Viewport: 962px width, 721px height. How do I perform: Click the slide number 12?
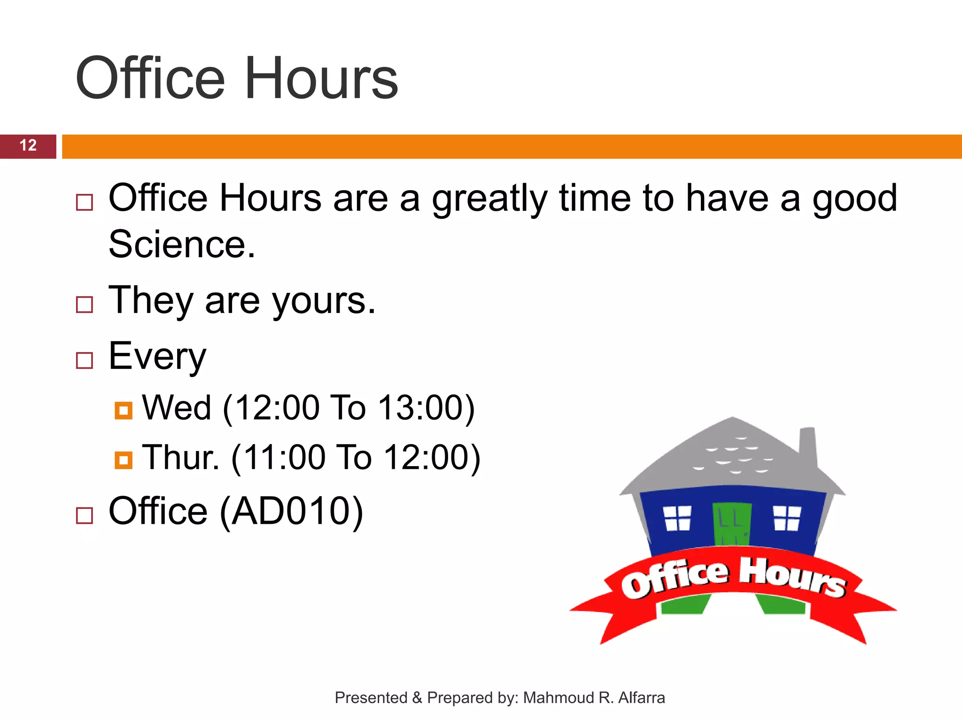[x=28, y=146]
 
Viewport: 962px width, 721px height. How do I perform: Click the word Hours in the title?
[x=321, y=78]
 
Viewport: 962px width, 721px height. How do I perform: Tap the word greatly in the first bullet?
[x=489, y=199]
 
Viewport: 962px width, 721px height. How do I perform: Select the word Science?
[x=181, y=245]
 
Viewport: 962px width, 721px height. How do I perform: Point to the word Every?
[x=157, y=357]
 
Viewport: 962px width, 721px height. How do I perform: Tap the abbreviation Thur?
[x=180, y=457]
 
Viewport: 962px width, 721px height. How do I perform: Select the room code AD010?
[x=291, y=511]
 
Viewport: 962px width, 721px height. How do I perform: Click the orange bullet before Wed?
[x=124, y=410]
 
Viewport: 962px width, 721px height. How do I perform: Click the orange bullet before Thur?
[x=124, y=460]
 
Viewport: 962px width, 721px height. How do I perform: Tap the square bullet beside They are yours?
[x=85, y=305]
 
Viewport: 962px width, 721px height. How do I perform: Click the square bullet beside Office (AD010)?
[x=85, y=515]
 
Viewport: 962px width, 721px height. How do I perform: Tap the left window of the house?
[x=677, y=518]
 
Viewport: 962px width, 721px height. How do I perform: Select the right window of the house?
[x=787, y=518]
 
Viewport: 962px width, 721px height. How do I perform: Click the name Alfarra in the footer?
[x=641, y=698]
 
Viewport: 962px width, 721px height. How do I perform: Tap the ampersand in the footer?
[x=417, y=698]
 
